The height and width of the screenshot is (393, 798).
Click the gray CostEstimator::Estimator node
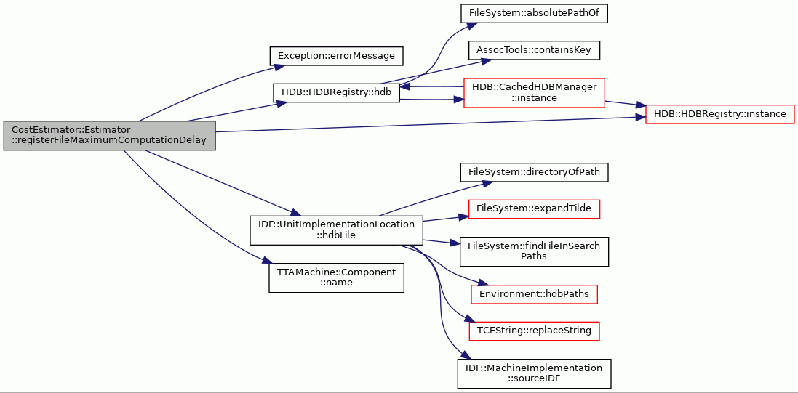tap(109, 135)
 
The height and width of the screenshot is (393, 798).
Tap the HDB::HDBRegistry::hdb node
tap(336, 92)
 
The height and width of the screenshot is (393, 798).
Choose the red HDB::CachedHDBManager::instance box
tap(534, 92)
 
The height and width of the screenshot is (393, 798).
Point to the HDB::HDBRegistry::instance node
tap(719, 114)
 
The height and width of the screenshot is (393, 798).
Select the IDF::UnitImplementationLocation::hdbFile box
tap(336, 230)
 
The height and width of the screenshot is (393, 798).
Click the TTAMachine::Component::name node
tap(336, 277)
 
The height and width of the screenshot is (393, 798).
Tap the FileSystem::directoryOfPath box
tap(535, 172)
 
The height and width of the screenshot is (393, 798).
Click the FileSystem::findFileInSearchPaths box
tap(535, 251)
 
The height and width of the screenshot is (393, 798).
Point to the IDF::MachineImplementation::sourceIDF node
tap(535, 373)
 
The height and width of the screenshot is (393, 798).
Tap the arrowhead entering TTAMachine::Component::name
tap(265, 262)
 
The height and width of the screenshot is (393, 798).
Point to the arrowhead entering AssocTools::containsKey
tap(479, 62)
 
